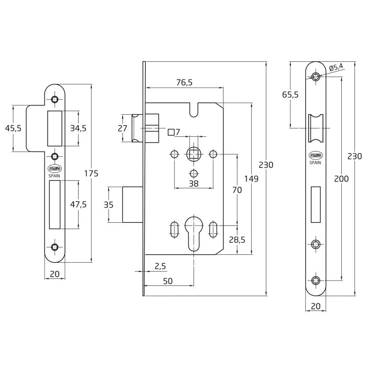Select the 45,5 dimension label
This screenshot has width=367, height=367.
click(14, 129)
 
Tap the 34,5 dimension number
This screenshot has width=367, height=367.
click(78, 128)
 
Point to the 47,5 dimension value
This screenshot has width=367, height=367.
click(78, 204)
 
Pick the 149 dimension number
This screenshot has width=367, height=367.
click(252, 179)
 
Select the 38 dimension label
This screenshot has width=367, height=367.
click(194, 183)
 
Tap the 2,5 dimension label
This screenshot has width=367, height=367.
click(161, 266)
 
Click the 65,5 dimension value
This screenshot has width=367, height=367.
click(290, 94)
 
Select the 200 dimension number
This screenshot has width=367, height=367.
click(341, 179)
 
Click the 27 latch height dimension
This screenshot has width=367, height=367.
click(122, 128)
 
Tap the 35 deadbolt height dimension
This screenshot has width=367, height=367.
click(109, 204)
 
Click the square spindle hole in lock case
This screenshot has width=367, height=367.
click(193, 154)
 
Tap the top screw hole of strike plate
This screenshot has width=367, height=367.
click(55, 99)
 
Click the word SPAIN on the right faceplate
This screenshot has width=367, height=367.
click(315, 163)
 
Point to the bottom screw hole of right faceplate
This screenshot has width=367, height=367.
click(315, 280)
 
